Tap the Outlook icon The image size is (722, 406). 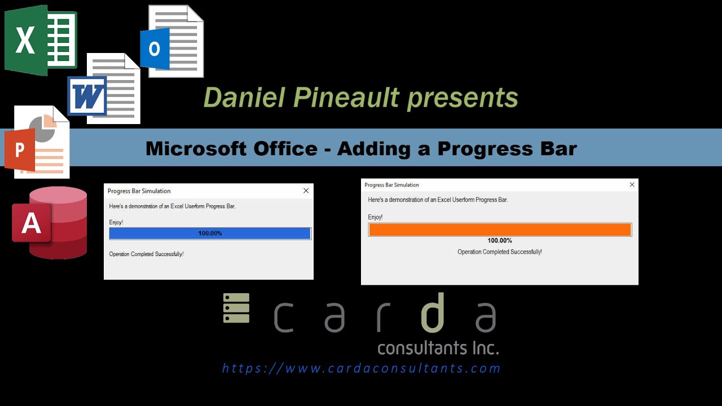coord(172,42)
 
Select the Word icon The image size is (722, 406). coord(104,90)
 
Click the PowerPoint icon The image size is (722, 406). coord(37,143)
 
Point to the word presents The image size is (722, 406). coord(463,98)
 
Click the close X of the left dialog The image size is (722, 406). coord(306,191)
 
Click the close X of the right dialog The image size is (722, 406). coord(632,184)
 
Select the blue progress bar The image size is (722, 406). coord(210,233)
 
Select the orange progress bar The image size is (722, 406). coord(500,230)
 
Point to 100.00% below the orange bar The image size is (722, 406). coord(500,241)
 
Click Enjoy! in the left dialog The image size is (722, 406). coord(116,222)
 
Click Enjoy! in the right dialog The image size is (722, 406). coord(375,217)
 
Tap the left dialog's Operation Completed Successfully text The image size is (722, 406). coord(146,254)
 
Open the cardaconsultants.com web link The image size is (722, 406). coord(361,368)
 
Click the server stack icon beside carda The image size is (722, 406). coord(236,308)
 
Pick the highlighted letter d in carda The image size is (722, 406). coord(433,313)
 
